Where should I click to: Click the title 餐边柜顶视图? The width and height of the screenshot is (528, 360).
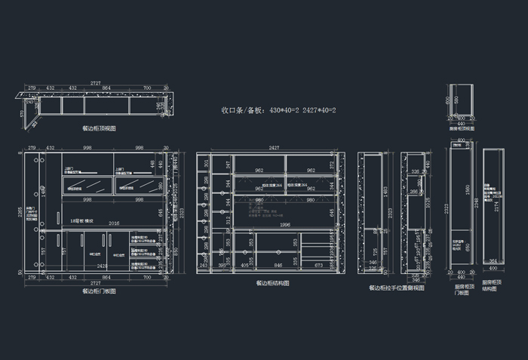tap(99, 128)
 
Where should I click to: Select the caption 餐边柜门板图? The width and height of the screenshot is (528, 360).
tap(99, 289)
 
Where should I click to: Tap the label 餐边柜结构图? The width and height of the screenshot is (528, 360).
tap(272, 283)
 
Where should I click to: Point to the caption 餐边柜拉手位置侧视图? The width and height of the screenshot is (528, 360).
tap(396, 288)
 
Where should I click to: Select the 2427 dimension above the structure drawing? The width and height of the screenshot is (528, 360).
tap(273, 148)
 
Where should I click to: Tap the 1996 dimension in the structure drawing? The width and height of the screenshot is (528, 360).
tap(285, 224)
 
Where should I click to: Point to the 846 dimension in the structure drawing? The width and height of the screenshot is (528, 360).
tap(279, 266)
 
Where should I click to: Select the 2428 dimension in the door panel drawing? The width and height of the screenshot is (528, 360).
tap(102, 266)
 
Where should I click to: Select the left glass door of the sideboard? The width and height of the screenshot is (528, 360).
tap(86, 185)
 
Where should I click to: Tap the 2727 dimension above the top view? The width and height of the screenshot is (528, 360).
tap(96, 82)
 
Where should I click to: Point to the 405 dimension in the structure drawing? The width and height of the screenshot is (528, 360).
tap(244, 266)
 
